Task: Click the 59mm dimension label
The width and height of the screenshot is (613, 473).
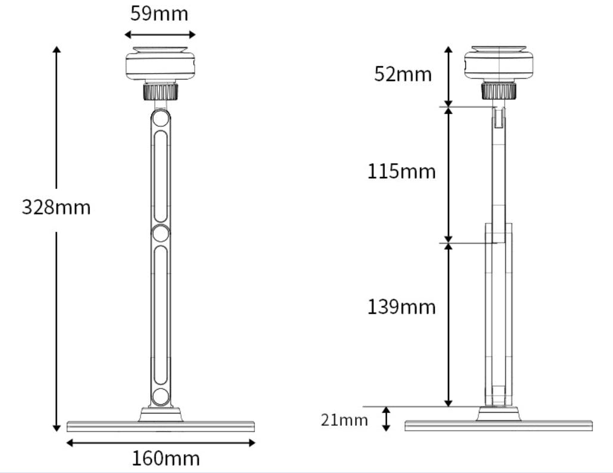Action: [159, 14]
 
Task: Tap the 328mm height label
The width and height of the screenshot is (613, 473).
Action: [56, 207]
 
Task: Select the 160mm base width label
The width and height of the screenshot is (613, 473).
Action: [166, 459]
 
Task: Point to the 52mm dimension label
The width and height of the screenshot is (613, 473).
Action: [403, 74]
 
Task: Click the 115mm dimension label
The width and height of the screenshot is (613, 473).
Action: [402, 172]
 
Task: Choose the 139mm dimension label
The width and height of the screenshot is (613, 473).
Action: [402, 307]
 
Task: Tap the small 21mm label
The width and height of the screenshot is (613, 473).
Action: [344, 420]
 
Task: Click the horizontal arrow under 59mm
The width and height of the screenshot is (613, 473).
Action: [160, 35]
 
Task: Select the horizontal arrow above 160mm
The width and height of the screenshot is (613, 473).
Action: [161, 443]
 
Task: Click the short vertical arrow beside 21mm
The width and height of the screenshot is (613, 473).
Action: [386, 419]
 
